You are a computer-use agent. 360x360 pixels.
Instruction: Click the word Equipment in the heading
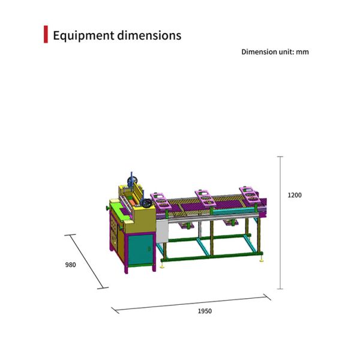(83, 35)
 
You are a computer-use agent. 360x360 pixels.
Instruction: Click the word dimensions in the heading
(149, 35)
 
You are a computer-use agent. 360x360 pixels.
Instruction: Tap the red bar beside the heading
(46, 35)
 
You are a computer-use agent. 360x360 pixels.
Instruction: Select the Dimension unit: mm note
(275, 52)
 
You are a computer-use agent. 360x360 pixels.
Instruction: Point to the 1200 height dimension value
(295, 195)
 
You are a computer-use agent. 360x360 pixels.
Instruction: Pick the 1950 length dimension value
(205, 311)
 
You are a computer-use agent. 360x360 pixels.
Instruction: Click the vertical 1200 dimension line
(280, 222)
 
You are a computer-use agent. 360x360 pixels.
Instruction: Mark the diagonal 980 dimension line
(87, 262)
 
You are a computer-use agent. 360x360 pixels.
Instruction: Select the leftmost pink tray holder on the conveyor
(161, 200)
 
